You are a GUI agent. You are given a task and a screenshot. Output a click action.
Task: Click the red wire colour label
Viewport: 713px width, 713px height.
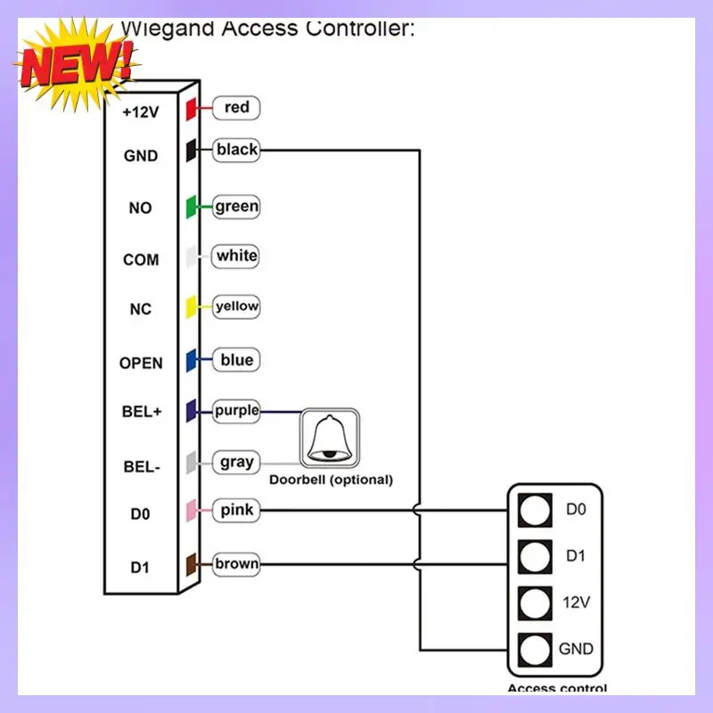(x=236, y=108)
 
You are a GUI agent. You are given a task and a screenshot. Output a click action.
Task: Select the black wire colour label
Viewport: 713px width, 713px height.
(x=236, y=150)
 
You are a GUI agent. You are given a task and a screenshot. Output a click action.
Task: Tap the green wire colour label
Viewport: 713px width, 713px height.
(x=236, y=207)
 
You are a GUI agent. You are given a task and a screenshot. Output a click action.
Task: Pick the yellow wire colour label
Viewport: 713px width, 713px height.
(x=236, y=307)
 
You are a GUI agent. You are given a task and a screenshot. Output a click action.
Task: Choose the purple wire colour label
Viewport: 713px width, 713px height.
(x=236, y=411)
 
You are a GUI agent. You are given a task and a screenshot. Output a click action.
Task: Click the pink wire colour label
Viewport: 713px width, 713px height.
(x=236, y=511)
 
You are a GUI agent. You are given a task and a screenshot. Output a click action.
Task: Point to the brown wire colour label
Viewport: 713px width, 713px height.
(x=236, y=563)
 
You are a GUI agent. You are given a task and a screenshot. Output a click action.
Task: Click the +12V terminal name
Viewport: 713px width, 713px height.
(x=141, y=113)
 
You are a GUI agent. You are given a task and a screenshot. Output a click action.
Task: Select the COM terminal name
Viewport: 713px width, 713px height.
(x=141, y=260)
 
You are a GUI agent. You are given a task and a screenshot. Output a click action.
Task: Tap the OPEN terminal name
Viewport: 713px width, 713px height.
(x=141, y=363)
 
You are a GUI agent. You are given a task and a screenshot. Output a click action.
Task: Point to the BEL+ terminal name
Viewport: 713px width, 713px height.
(x=141, y=413)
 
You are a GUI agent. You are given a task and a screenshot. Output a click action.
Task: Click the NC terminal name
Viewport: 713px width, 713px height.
(x=141, y=310)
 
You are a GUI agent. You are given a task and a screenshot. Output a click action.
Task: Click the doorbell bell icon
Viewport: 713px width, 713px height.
(x=330, y=438)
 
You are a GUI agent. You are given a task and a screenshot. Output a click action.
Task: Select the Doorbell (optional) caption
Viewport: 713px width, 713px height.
(x=331, y=479)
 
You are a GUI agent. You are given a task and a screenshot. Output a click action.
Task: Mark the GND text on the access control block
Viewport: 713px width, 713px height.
(x=576, y=649)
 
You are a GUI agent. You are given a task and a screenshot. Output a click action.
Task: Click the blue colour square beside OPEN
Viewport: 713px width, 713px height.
(x=191, y=361)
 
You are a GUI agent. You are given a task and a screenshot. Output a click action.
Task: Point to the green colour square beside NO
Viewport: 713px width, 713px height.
(x=191, y=208)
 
